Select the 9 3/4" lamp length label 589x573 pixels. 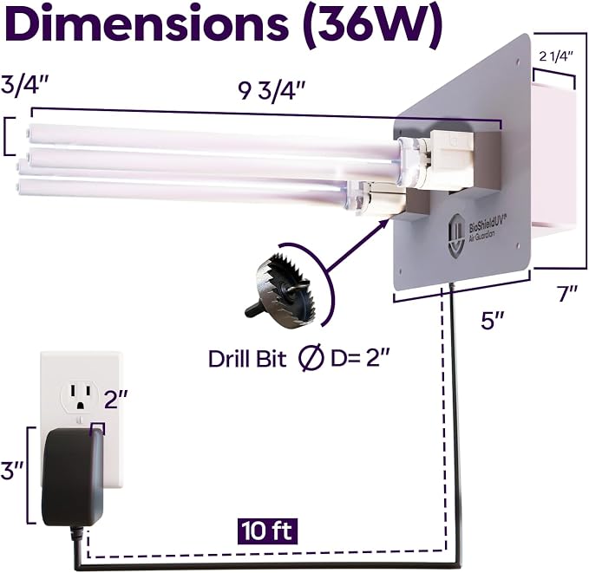[x=272, y=91]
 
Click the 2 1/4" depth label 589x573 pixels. [x=556, y=56]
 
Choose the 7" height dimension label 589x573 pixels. [x=566, y=293]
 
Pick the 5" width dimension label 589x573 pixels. [x=493, y=321]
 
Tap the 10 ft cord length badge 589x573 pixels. [x=267, y=531]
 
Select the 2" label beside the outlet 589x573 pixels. [x=116, y=399]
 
